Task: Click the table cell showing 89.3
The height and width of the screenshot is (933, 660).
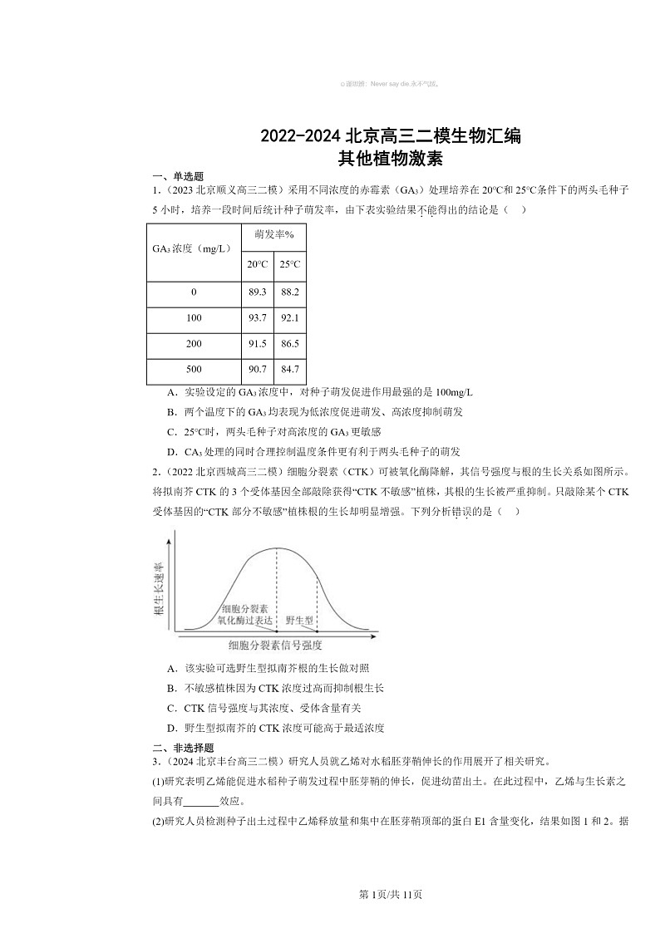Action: (257, 293)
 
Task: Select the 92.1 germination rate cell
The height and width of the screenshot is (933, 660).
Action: (289, 318)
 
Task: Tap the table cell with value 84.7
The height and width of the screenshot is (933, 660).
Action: (289, 370)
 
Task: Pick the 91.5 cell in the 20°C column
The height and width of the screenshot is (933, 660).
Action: (257, 344)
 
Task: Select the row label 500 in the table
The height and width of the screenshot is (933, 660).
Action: (194, 370)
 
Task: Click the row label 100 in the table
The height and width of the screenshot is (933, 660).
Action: (194, 318)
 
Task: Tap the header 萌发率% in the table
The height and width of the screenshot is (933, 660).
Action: (273, 235)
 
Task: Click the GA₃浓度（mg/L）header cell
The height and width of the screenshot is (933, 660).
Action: (194, 248)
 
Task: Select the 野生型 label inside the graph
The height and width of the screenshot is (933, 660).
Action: (299, 620)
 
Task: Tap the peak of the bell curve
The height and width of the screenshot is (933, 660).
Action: (277, 548)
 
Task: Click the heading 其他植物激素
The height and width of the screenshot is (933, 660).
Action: (390, 157)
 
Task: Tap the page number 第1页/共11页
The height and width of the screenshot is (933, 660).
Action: (390, 895)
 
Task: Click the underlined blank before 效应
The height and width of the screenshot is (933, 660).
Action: (200, 802)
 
